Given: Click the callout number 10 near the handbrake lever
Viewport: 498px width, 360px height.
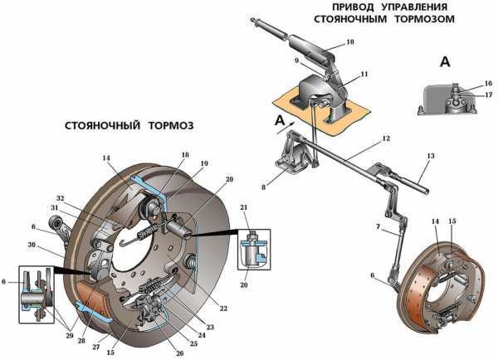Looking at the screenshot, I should click(x=349, y=41).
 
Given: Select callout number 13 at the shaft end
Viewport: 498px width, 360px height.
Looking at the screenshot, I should click(x=430, y=156).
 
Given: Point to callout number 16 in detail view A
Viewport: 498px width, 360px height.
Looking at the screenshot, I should click(x=489, y=83).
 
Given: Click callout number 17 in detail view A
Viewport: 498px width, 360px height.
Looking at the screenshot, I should click(x=489, y=95).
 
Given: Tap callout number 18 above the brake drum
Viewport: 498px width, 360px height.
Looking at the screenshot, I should click(x=184, y=155).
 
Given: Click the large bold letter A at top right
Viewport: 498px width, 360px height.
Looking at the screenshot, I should click(x=446, y=61).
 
